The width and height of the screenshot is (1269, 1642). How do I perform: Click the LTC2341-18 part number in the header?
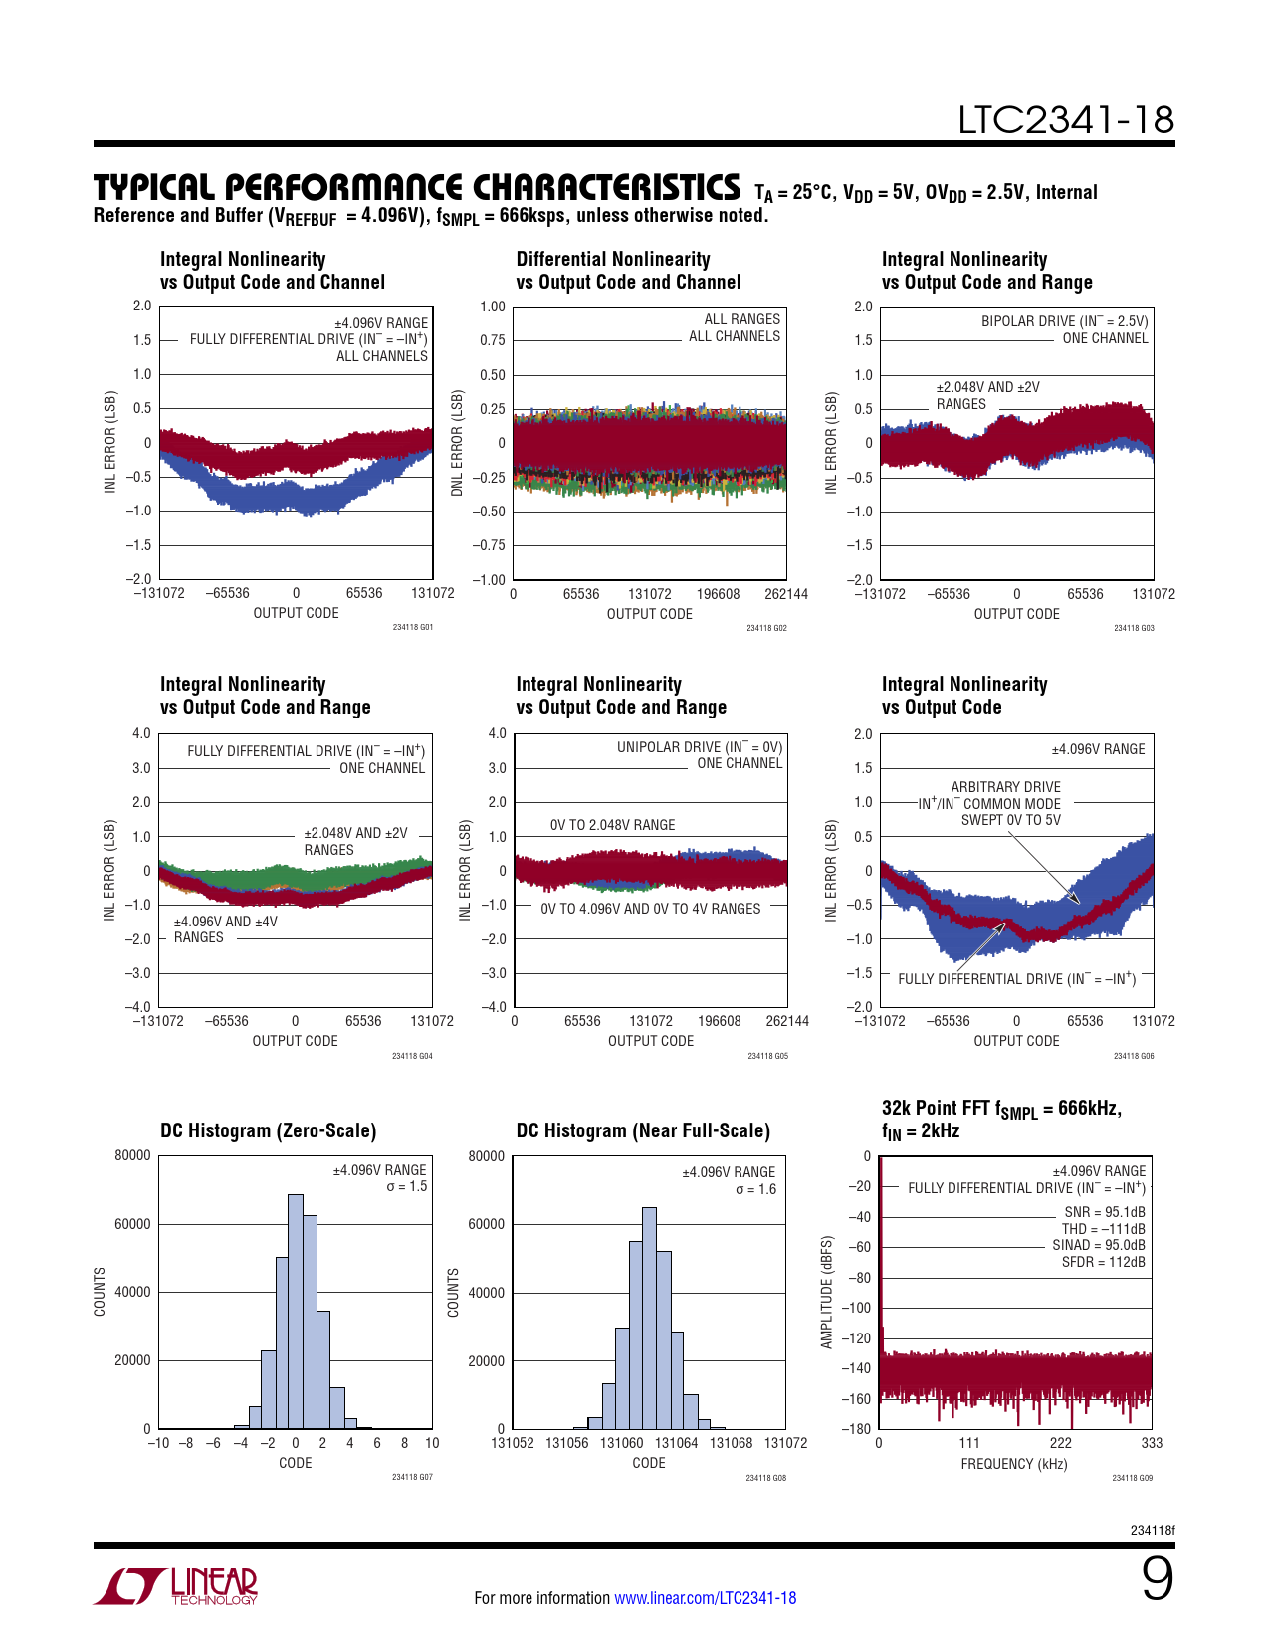(x=1066, y=120)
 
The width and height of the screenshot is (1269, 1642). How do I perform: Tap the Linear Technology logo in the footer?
(x=176, y=1586)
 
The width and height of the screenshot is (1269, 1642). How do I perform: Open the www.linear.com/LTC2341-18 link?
(x=705, y=1598)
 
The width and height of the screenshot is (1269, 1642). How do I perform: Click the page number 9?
(x=1157, y=1580)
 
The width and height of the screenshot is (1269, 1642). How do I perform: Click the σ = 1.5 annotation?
(x=406, y=1186)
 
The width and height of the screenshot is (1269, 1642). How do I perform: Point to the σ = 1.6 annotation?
(x=755, y=1189)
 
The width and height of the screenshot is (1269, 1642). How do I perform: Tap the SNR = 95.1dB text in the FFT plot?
(x=1105, y=1212)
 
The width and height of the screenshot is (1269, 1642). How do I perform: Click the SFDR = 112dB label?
(x=1103, y=1262)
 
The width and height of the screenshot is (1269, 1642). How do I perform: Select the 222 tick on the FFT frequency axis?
(x=1061, y=1443)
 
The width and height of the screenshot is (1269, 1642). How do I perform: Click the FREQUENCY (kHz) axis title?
(x=1013, y=1464)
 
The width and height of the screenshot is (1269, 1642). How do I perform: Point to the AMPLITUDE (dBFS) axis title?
(x=826, y=1292)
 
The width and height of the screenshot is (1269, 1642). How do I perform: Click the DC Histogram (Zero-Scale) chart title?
(x=269, y=1130)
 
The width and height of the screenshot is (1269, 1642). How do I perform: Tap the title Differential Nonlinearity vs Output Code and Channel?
(x=628, y=270)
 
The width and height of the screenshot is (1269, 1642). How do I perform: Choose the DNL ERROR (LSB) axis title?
(x=457, y=443)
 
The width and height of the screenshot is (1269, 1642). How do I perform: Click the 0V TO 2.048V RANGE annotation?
(x=612, y=825)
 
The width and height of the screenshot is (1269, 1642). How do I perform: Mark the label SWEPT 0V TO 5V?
(x=1010, y=820)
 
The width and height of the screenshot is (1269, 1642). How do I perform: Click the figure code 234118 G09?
(x=1132, y=1478)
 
